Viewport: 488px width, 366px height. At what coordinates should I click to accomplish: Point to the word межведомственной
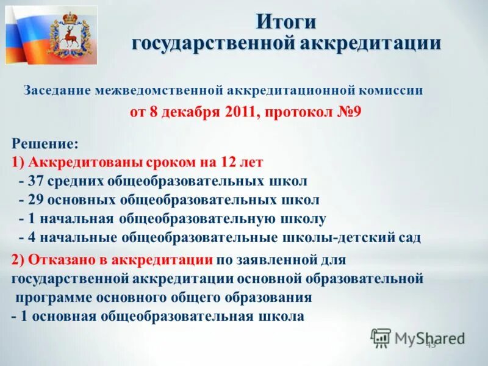click(159, 90)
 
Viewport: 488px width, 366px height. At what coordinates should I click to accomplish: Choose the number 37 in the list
click(36, 181)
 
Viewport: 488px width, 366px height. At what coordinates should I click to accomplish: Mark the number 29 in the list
click(36, 200)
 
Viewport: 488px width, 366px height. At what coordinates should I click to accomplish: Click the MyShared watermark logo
click(418, 338)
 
